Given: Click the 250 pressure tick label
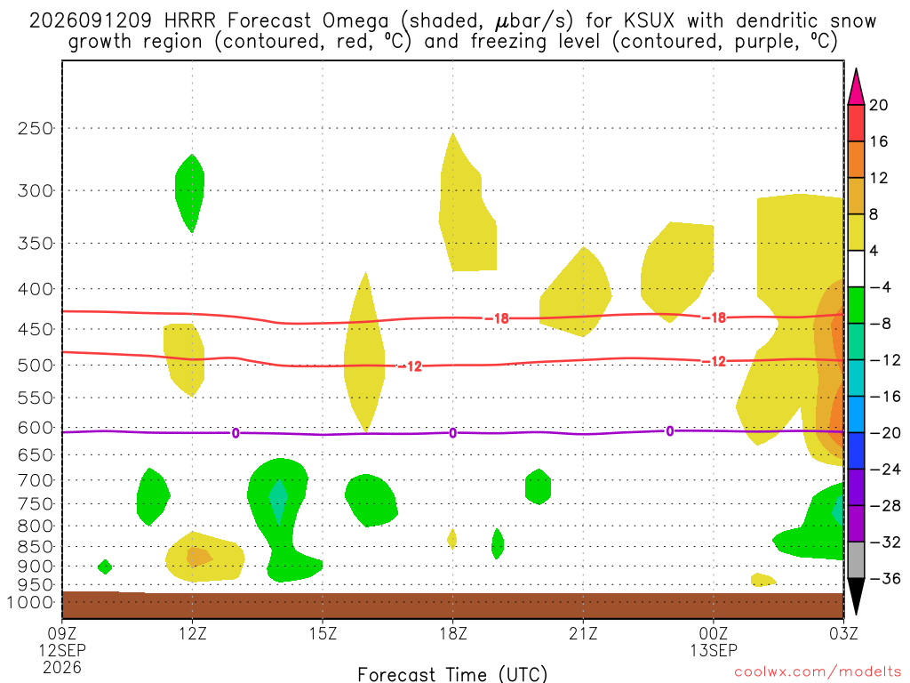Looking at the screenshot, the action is pos(35,128).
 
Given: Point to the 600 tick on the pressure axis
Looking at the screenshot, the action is pos(35,428).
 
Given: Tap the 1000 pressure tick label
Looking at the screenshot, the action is pos(30,603).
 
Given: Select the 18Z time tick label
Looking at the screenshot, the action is pos(452,633).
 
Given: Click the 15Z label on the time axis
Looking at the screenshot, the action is pos(323,633).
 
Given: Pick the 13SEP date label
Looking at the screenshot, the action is pos(714,650).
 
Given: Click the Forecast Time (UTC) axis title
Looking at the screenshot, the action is pos(452,674).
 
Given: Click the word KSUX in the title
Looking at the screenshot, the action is pos(650,21).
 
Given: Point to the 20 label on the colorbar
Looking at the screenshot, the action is pos(878,105).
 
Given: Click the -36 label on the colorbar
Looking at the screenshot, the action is pos(885,578).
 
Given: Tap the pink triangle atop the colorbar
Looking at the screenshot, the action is pos(856,87).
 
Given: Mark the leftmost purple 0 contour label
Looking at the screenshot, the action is pos(235,433).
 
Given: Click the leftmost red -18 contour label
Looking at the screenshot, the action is pos(496,318).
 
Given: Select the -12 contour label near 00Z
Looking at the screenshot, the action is pos(714,361).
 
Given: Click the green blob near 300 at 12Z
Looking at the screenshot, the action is pos(190,193).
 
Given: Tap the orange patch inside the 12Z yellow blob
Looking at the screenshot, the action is pos(198,557).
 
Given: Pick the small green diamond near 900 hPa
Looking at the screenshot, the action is pos(105,566).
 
